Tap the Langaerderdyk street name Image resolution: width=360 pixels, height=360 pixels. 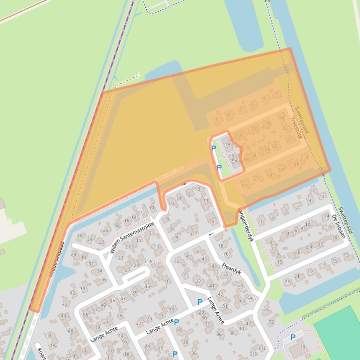(x=245, y=224)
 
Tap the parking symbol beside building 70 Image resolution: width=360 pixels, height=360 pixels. (x=293, y=337)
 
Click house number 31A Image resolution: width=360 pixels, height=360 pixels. (x=148, y=261)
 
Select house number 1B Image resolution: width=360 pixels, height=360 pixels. (x=48, y=335)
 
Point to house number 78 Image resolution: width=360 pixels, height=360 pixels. (x=221, y=246)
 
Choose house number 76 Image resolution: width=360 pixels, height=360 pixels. (x=226, y=254)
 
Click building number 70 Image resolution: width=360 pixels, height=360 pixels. (x=302, y=346)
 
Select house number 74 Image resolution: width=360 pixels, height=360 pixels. (x=266, y=310)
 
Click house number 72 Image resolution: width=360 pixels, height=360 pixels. (x=271, y=322)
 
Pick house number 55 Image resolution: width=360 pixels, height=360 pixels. (x=86, y=315)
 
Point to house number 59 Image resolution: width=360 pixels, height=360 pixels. (x=250, y=298)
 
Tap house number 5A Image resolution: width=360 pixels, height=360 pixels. (x=235, y=160)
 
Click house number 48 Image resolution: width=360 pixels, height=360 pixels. (x=71, y=331)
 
